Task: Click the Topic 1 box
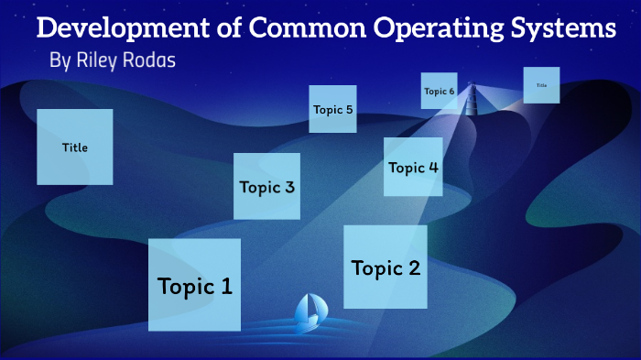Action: [194, 285]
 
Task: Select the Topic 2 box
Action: [386, 267]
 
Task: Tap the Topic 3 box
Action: [266, 186]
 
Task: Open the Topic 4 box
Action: [413, 167]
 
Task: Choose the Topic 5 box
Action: [332, 109]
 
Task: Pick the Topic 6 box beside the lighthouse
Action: [439, 91]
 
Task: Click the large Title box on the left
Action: [75, 147]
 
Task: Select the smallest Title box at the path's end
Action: [541, 84]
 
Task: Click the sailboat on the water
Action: [308, 312]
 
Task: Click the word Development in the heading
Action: [115, 28]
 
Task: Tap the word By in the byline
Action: [60, 61]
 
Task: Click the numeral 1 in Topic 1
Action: [225, 286]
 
